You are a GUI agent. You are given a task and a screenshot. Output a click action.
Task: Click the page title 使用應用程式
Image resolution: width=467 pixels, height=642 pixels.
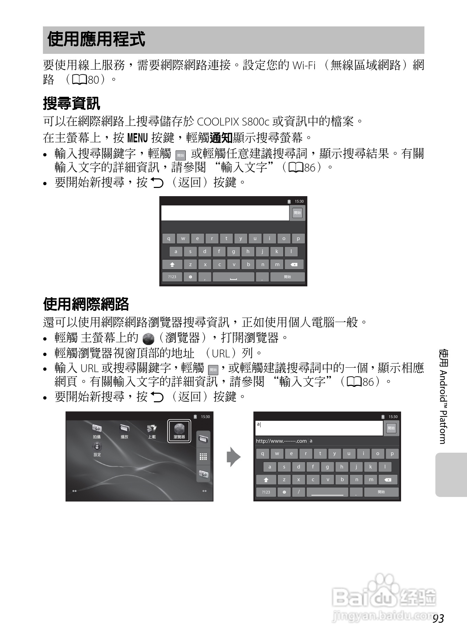tap(96, 39)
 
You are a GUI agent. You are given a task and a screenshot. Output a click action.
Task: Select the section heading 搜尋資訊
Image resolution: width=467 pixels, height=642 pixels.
tap(71, 104)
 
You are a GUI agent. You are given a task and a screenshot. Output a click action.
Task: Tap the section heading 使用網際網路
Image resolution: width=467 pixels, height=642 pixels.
tap(86, 304)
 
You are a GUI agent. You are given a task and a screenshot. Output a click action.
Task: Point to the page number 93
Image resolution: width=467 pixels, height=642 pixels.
tap(438, 618)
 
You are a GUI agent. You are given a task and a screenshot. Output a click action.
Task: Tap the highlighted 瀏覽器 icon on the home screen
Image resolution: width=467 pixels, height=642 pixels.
tap(179, 431)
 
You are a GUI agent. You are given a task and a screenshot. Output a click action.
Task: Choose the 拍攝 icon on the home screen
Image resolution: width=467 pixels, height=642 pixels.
tap(97, 431)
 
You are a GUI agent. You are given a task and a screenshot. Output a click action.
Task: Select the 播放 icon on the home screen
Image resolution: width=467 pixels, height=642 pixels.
tap(124, 431)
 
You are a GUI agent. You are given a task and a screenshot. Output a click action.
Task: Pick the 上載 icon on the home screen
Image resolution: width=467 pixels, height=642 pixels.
tap(152, 431)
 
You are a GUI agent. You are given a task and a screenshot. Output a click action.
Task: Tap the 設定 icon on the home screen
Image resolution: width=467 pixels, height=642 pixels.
tap(97, 449)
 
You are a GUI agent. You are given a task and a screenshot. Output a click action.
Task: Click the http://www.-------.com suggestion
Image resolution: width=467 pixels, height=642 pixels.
tap(281, 441)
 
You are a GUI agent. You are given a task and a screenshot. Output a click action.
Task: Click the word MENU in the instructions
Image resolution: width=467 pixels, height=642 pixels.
tap(137, 138)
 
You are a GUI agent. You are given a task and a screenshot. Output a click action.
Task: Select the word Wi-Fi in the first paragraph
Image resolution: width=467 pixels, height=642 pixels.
tap(304, 65)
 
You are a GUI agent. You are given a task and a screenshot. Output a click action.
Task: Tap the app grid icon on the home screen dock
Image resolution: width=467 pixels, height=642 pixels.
tap(203, 457)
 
